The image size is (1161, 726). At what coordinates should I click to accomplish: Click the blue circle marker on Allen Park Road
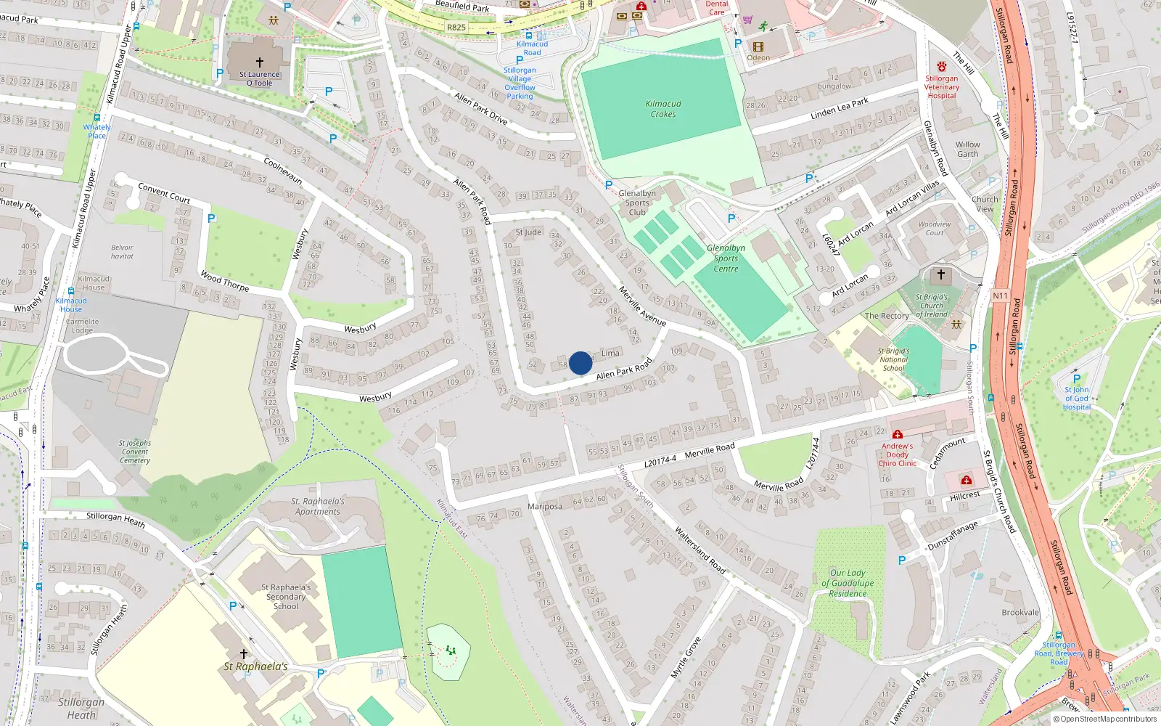click(x=580, y=363)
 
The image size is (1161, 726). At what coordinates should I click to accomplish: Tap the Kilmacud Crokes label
click(x=663, y=109)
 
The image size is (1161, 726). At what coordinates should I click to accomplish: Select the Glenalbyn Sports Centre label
click(x=726, y=258)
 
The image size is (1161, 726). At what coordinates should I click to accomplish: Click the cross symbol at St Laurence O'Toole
click(x=260, y=62)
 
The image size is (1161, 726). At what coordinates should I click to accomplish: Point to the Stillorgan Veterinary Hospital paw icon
click(x=941, y=67)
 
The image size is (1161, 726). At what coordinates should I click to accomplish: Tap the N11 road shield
click(x=1001, y=295)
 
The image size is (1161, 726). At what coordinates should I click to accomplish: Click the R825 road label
click(x=456, y=28)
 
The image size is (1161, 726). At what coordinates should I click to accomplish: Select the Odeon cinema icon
click(x=758, y=46)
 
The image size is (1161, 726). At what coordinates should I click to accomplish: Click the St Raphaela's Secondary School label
click(x=286, y=597)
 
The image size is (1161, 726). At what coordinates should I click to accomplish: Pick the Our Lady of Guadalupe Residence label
click(x=848, y=583)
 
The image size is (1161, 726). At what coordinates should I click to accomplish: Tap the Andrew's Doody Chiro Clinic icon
click(x=898, y=435)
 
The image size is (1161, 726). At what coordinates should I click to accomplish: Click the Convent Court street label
click(x=164, y=193)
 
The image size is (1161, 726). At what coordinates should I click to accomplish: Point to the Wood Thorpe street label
click(x=224, y=282)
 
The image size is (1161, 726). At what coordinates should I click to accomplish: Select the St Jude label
click(x=528, y=232)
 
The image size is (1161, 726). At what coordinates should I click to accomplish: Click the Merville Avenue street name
click(x=642, y=306)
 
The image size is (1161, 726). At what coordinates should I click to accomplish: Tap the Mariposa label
click(x=545, y=507)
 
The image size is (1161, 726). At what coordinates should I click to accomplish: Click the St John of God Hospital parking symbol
click(x=1077, y=378)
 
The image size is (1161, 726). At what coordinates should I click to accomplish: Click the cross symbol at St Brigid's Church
click(x=941, y=274)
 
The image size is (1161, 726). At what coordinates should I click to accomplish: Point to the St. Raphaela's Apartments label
click(x=318, y=506)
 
